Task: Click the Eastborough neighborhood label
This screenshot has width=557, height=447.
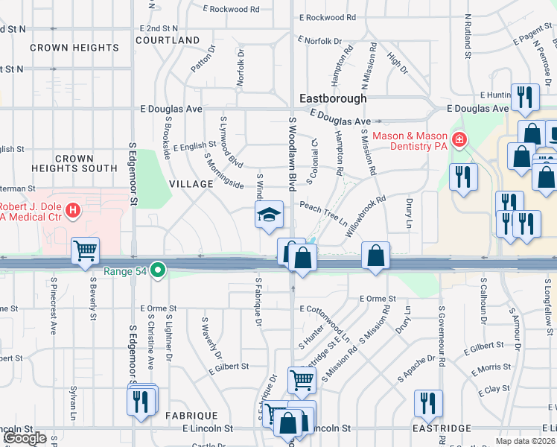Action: pyautogui.click(x=333, y=98)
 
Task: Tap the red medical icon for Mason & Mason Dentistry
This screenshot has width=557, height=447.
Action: pyautogui.click(x=459, y=139)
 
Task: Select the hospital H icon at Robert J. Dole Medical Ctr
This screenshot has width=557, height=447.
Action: pyautogui.click(x=72, y=212)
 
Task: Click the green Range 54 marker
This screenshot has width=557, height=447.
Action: pyautogui.click(x=157, y=270)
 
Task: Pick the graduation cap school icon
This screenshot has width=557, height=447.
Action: pyautogui.click(x=269, y=215)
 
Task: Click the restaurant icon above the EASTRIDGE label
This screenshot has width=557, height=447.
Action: pyautogui.click(x=427, y=402)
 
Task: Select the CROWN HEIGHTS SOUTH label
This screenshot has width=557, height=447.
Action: pyautogui.click(x=74, y=164)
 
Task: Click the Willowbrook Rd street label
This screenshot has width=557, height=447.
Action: pyautogui.click(x=366, y=217)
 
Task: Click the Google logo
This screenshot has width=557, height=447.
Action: pyautogui.click(x=25, y=438)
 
